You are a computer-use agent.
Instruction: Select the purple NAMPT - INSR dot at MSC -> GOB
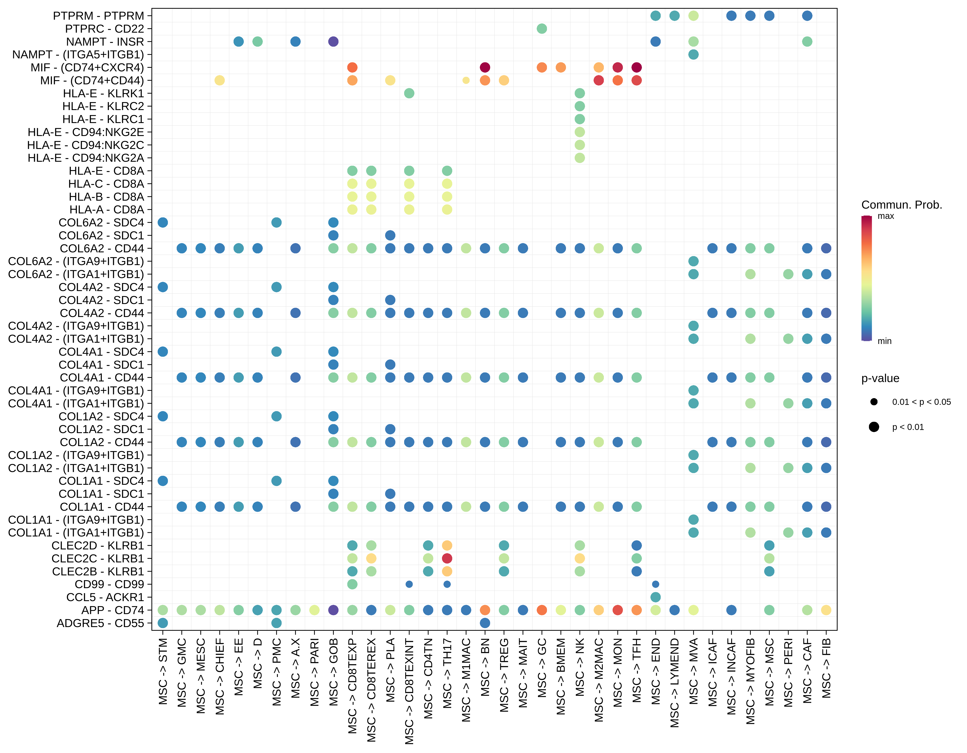click(333, 42)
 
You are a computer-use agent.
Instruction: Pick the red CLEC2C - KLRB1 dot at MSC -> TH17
click(447, 558)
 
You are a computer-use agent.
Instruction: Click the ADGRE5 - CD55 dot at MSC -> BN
click(485, 623)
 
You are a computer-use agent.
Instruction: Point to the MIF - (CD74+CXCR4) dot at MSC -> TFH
click(637, 67)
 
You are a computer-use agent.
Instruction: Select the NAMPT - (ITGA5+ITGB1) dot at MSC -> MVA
click(693, 54)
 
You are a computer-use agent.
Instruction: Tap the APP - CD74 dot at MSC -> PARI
click(314, 610)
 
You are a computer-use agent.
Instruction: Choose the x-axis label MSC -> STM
click(163, 671)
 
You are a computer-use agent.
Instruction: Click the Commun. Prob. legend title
click(902, 205)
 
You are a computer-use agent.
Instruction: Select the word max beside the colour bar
click(885, 216)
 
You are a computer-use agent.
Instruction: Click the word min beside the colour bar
click(884, 341)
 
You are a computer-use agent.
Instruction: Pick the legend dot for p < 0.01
click(874, 427)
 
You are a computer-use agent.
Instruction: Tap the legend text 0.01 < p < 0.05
click(921, 402)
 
